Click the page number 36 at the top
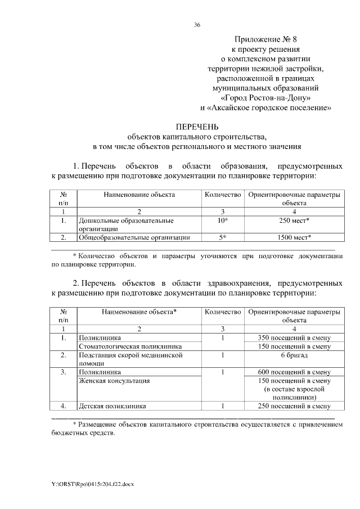(197, 25)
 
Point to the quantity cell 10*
(223, 221)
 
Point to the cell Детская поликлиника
(112, 406)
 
